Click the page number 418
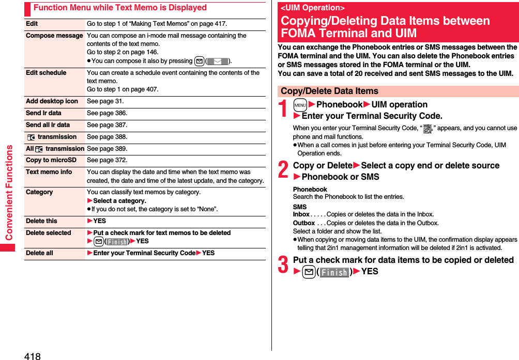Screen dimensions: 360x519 [x=32, y=355]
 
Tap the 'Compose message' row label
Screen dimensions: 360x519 [x=54, y=36]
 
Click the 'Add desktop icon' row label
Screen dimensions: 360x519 [x=52, y=101]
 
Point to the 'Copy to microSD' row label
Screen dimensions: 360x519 [x=51, y=160]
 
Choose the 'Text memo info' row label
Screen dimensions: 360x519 [x=49, y=172]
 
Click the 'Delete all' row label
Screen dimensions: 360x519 [x=39, y=253]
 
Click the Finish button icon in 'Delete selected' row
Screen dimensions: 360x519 [x=117, y=242]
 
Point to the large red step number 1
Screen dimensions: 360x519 [x=284, y=109]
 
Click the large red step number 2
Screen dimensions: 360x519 [x=284, y=170]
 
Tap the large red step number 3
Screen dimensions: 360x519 [x=284, y=265]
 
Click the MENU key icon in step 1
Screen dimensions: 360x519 [x=300, y=105]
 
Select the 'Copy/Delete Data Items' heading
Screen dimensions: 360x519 [x=329, y=91]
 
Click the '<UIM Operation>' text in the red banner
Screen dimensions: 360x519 [x=312, y=8]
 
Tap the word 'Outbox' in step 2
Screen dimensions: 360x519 [x=303, y=223]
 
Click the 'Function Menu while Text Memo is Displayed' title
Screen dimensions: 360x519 [x=120, y=8]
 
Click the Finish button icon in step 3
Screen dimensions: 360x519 [x=334, y=272]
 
